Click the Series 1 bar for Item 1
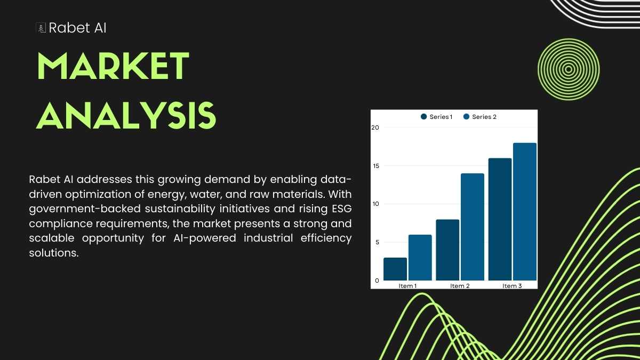pyautogui.click(x=395, y=269)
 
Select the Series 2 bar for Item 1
pyautogui.click(x=420, y=258)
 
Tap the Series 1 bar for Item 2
pyautogui.click(x=447, y=250)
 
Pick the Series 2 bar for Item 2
pyautogui.click(x=473, y=227)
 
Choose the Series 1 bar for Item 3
pyautogui.click(x=500, y=219)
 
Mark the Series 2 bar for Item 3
pyautogui.click(x=525, y=211)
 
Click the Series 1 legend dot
pyautogui.click(x=423, y=117)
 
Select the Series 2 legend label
pyautogui.click(x=484, y=117)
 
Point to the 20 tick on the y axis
pyautogui.click(x=375, y=127)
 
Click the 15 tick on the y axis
pyautogui.click(x=376, y=166)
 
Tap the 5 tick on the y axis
pyautogui.click(x=377, y=242)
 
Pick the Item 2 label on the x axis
pyautogui.click(x=460, y=286)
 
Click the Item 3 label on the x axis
pyautogui.click(x=512, y=286)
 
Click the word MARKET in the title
pyautogui.click(x=113, y=66)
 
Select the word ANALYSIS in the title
pyautogui.click(x=126, y=115)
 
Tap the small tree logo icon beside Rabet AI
pyautogui.click(x=42, y=28)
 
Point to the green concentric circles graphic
pyautogui.click(x=569, y=69)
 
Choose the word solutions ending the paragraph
pyautogui.click(x=54, y=253)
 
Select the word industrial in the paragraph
pyautogui.click(x=268, y=238)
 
